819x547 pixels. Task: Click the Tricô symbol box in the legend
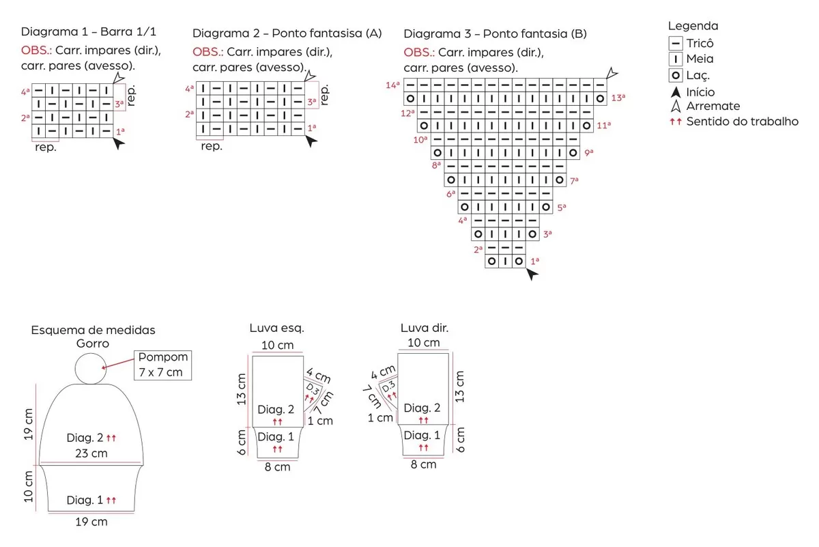[x=675, y=43]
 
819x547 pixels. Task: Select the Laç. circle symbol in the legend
[x=675, y=75]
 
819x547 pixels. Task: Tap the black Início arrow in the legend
[x=676, y=92]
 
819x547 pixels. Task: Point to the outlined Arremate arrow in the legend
[x=676, y=106]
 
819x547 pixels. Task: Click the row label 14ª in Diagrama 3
[x=392, y=85]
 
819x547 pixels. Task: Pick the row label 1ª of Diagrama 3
[x=535, y=262]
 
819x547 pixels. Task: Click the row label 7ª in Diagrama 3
[x=574, y=180]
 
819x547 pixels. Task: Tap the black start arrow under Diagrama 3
[x=532, y=274]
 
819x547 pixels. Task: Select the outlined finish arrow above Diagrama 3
[x=612, y=73]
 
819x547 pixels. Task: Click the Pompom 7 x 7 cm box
[x=162, y=365]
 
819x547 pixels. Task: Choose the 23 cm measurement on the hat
[x=91, y=453]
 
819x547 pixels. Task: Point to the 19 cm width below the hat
[x=91, y=522]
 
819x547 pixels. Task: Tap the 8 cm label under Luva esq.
[x=278, y=467]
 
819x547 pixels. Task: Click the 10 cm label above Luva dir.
[x=423, y=342]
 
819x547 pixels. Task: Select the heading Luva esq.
[x=277, y=328]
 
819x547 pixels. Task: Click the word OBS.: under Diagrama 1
[x=36, y=50]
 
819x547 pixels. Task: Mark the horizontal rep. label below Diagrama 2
[x=212, y=146]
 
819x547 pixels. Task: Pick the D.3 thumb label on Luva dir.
[x=389, y=386]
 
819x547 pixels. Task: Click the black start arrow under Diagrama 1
[x=119, y=143]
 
